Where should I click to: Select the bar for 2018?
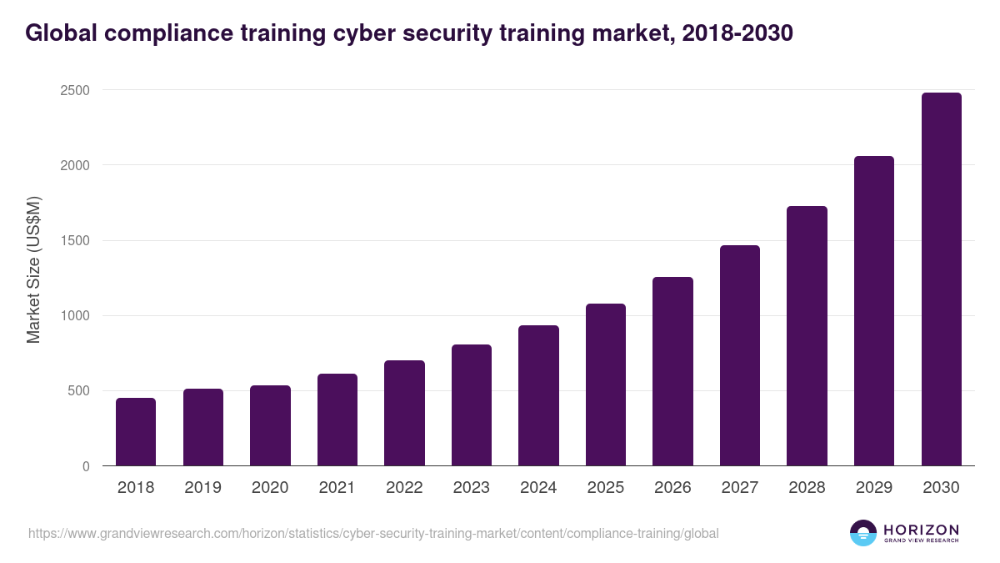coord(136,432)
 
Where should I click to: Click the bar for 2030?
coord(941,279)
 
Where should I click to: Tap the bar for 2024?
coord(538,395)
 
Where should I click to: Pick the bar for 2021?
coord(337,420)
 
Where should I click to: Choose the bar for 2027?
coord(740,355)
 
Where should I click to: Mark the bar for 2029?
coord(874,311)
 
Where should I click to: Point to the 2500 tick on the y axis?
coord(74,90)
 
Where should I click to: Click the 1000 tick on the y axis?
coord(74,316)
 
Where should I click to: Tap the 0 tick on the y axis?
coord(86,466)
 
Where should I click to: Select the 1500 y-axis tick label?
coord(74,241)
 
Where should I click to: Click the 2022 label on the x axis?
coord(404,488)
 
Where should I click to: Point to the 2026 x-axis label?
coord(672,488)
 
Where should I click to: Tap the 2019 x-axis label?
coord(202,488)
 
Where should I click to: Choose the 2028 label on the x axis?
coord(807,488)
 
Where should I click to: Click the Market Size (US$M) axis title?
coord(33,269)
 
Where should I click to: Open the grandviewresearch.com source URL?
coord(373,533)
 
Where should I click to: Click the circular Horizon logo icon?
coord(863,533)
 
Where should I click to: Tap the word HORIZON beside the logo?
coord(921,530)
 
